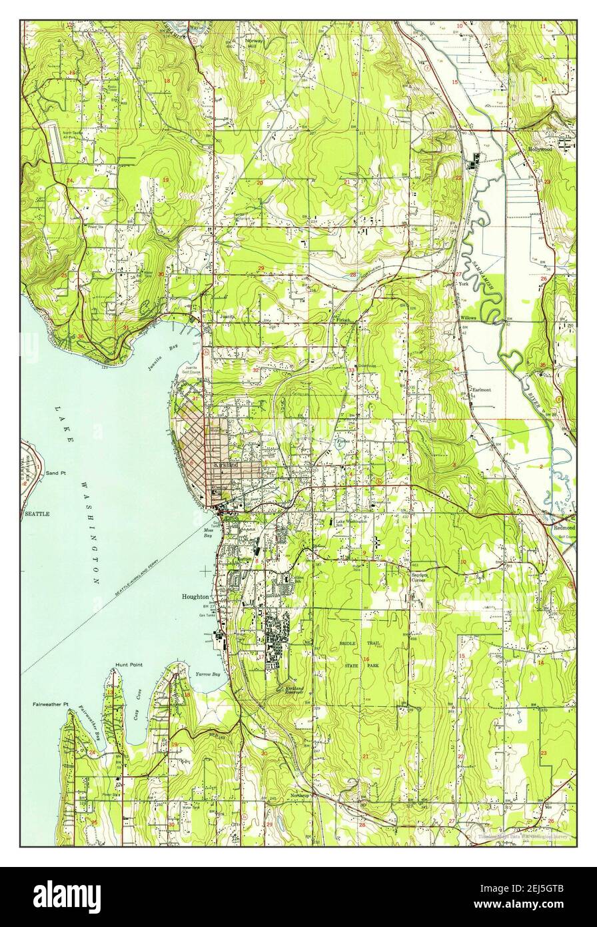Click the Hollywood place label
coord(539,149)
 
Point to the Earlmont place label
coord(482,391)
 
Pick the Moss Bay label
coord(208,533)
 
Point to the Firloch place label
coord(342,320)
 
